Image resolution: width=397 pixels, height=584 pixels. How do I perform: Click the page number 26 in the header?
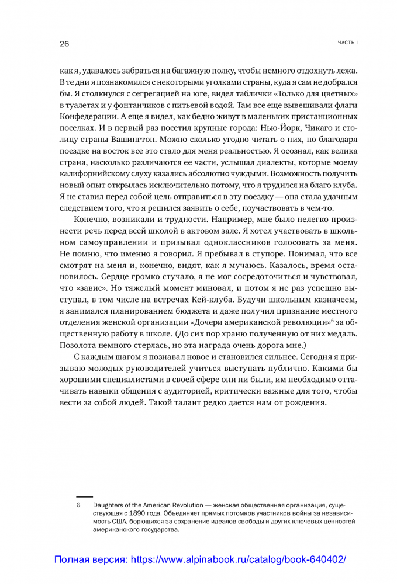(64, 44)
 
